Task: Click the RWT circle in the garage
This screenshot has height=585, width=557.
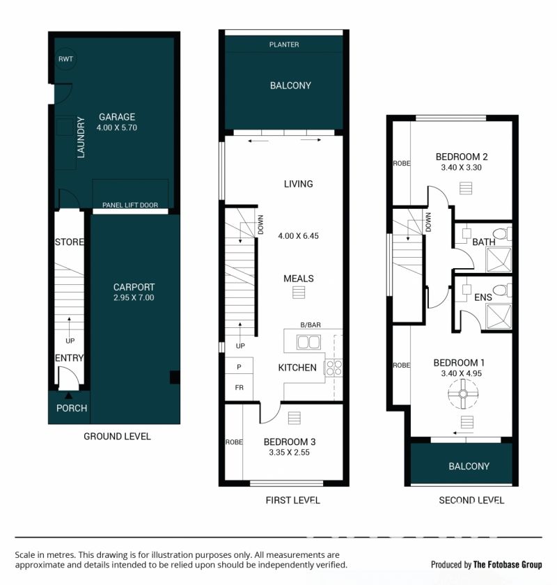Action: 65,59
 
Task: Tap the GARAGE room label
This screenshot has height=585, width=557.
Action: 117,117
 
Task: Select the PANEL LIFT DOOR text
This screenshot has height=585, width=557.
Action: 130,205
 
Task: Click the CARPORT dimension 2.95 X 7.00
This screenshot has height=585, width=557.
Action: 134,298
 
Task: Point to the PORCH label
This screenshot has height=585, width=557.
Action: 72,408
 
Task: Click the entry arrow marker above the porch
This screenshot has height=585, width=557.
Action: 69,396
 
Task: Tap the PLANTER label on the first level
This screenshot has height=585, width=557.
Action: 284,45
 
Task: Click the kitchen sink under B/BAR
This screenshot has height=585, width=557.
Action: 308,342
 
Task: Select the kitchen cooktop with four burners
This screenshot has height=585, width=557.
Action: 334,368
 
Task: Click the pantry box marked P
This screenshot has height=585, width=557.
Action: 239,367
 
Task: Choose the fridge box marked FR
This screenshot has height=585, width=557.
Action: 239,389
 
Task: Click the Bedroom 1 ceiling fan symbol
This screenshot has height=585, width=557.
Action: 463,393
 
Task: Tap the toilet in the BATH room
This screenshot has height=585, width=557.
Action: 503,234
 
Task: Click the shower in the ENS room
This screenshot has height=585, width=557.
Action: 499,316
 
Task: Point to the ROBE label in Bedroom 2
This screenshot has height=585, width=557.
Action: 402,164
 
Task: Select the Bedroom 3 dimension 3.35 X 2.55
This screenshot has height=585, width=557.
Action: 290,453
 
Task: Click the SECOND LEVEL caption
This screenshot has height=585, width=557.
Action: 471,500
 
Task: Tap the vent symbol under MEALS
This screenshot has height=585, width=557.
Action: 299,292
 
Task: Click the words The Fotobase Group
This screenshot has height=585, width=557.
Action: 508,565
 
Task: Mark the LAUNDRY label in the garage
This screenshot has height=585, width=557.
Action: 81,137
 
